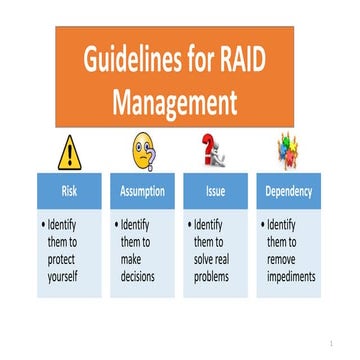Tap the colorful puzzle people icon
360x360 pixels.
click(288, 152)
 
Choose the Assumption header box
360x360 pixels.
click(144, 190)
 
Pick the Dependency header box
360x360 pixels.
click(288, 190)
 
